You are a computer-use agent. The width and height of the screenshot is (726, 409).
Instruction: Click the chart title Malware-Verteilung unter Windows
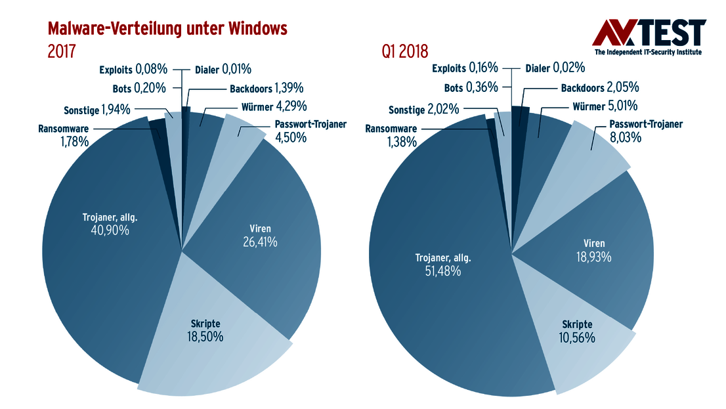point(167,28)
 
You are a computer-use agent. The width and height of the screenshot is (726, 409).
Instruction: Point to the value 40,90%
point(110,230)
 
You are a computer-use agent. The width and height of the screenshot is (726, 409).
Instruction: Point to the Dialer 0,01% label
point(223,68)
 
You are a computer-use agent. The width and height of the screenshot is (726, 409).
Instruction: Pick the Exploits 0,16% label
point(465,68)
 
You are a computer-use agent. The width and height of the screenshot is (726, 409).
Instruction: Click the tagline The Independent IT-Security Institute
point(648,52)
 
